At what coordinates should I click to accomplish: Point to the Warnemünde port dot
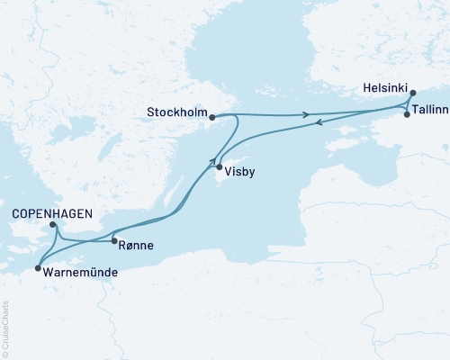point(37,267)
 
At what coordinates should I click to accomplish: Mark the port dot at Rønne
point(113,240)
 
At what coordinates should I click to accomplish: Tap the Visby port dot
point(219,166)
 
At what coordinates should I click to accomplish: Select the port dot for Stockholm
point(211,116)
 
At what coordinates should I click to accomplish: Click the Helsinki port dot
point(412,93)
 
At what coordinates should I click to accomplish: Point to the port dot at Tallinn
point(407,115)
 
